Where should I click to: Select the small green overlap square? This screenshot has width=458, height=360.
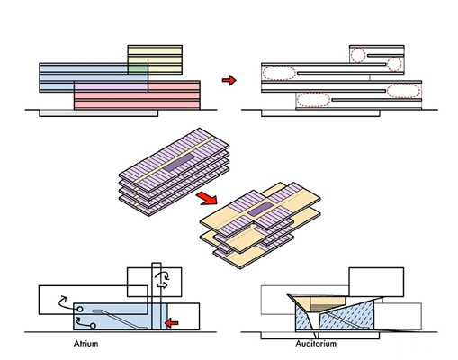click(138, 68)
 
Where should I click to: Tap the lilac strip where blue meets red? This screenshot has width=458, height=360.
click(111, 86)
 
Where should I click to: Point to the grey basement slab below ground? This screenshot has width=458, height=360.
click(99, 113)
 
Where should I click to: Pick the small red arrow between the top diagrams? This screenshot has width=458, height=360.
click(229, 80)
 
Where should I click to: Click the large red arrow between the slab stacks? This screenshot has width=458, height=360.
click(207, 199)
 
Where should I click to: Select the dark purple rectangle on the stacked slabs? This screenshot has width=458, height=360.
click(179, 163)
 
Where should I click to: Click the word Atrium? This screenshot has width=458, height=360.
click(85, 344)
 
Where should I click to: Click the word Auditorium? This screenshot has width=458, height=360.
click(316, 344)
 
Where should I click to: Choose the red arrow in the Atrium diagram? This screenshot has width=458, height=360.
click(172, 323)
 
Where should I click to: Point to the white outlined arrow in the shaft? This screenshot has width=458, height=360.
click(162, 284)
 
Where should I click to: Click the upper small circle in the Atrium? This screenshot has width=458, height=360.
click(80, 309)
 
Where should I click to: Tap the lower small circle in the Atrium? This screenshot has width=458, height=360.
click(93, 326)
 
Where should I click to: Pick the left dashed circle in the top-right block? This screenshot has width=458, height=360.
click(358, 55)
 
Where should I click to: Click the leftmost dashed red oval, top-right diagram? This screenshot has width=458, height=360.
click(279, 73)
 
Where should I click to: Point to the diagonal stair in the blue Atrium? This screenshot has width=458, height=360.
click(120, 319)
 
